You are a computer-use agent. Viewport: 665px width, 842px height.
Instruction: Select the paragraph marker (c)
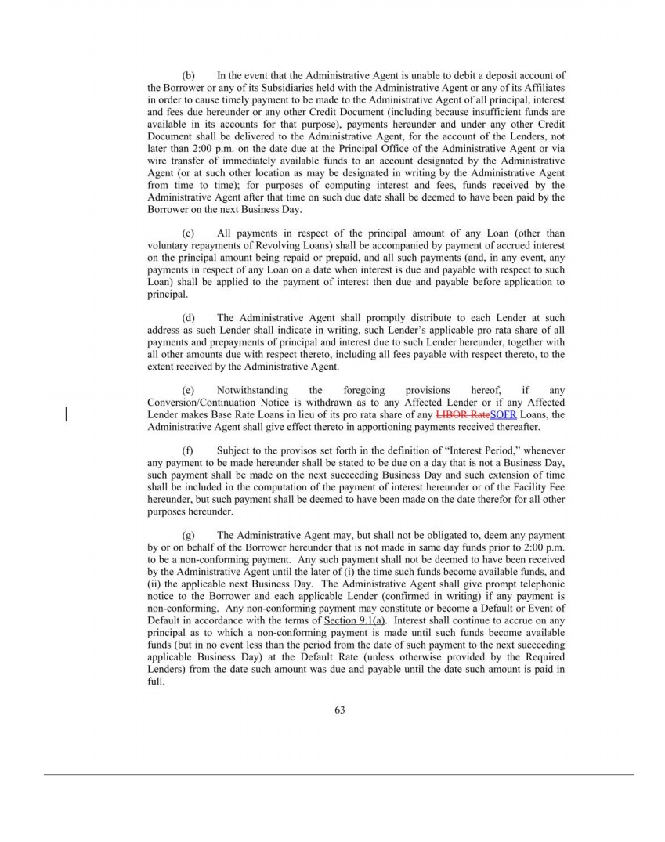(188, 233)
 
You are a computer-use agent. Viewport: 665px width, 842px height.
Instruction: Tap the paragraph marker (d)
(188, 318)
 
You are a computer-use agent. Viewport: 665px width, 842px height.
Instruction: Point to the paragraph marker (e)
(188, 390)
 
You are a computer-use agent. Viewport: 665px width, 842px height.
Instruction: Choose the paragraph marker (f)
(188, 450)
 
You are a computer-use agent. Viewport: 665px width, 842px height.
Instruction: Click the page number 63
(339, 710)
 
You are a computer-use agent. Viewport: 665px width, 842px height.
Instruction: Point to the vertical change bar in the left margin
(66, 414)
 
